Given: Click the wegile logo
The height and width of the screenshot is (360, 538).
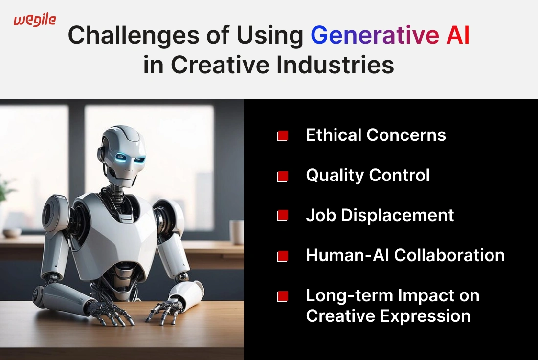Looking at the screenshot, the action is [35, 20].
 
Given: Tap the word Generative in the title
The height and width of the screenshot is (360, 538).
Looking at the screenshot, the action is [375, 35].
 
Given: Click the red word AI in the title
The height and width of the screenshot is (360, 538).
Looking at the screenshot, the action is [458, 35].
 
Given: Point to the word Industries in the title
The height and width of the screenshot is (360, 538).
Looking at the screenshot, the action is [335, 65].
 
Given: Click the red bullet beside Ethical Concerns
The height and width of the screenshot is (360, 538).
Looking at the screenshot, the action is [282, 136].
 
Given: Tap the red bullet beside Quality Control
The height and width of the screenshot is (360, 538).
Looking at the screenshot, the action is [282, 177].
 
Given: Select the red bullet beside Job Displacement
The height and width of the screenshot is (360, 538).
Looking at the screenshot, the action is [282, 216].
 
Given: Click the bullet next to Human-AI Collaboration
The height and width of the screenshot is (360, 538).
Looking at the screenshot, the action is [282, 256].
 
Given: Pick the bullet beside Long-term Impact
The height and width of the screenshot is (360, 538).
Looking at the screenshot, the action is [282, 296].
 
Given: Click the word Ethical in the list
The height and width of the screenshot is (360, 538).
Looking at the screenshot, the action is [333, 135].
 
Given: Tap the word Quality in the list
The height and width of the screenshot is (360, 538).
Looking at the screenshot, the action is [335, 176].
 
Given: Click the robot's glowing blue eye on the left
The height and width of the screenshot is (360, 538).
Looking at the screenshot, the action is [121, 157].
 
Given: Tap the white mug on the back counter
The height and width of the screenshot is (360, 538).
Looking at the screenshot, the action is [236, 231].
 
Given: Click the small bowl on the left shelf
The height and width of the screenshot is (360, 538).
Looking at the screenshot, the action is [12, 233].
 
